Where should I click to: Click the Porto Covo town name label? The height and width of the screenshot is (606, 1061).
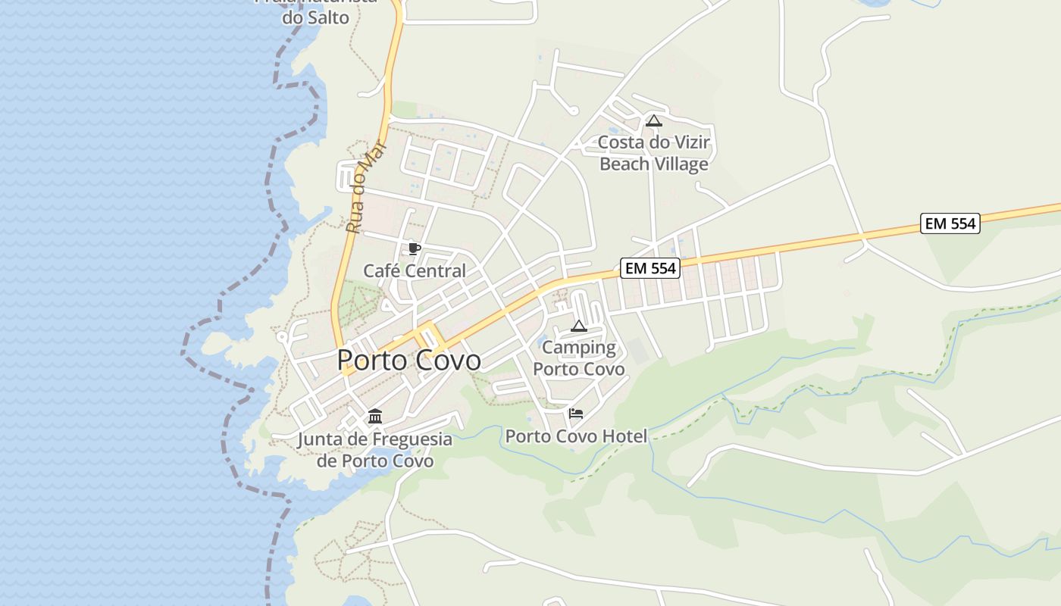408,360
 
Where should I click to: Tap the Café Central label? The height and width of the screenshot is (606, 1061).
415,270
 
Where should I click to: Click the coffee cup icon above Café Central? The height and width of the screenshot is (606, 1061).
414,248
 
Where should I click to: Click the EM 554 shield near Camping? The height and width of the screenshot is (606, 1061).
649,267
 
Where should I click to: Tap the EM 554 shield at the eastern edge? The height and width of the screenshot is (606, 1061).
950,223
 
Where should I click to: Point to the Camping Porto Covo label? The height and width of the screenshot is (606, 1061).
579,358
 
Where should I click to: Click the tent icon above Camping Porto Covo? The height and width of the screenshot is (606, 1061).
579,326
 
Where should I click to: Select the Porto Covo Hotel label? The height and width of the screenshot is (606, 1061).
576,436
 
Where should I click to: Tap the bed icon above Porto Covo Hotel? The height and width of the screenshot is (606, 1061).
576,414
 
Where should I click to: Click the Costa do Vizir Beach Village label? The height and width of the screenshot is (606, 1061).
653,153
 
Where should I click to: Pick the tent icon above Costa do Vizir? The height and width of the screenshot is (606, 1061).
653,120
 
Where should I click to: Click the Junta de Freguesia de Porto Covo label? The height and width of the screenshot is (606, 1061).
375,450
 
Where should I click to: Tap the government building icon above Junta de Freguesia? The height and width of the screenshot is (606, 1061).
375,417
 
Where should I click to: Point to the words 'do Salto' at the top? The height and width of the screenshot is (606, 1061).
315,17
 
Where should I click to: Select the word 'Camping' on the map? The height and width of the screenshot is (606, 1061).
579,348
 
